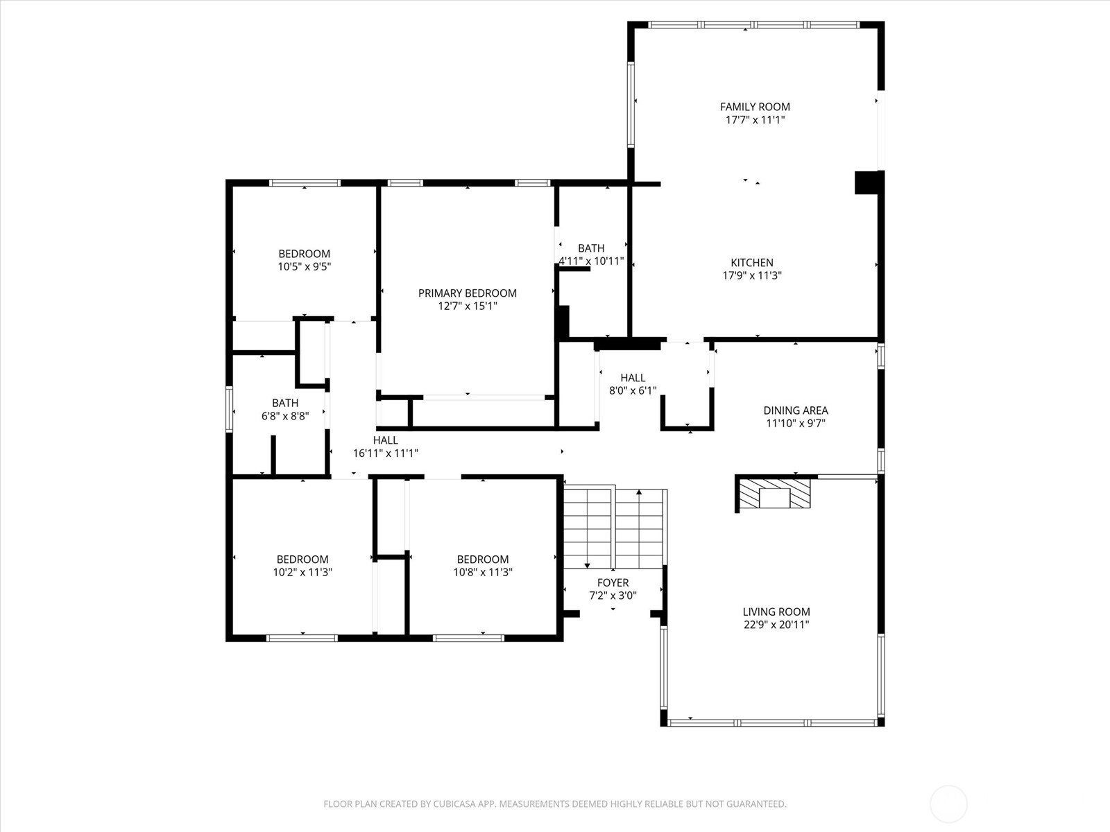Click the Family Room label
[755, 107]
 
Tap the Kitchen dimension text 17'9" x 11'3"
[752, 275]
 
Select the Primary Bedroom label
[468, 293]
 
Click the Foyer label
[613, 582]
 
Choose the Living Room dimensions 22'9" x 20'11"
[776, 625]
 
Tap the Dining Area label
[796, 410]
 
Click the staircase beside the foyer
[615, 528]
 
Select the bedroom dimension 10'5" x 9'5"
[304, 266]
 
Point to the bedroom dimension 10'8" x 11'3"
[483, 572]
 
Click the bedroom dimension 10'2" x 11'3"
[302, 572]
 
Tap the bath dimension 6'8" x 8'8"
[285, 416]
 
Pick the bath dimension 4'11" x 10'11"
[591, 261]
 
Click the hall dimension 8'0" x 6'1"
[633, 390]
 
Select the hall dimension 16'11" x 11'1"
[385, 453]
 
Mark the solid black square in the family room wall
[866, 183]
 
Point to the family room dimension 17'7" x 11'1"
[755, 120]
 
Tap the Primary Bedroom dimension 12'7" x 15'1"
[468, 306]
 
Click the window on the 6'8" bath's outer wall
[229, 409]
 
